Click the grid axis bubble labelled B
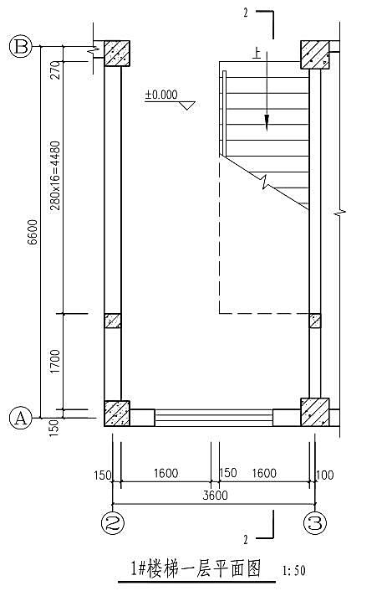coord(20,47)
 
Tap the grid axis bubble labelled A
coord(20,418)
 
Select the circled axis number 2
coord(113,523)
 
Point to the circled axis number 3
coord(315,523)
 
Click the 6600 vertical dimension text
coord(33,232)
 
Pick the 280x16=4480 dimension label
coord(55,177)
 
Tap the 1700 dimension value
coord(55,362)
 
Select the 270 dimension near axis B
coord(55,70)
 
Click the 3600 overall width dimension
coord(216,496)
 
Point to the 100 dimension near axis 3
coord(325,475)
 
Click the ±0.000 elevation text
coord(161,95)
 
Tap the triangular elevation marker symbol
coord(187,105)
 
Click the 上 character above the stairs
coord(257,54)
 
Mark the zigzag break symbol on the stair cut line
coord(266,182)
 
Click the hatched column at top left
coord(117,54)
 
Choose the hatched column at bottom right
coord(315,413)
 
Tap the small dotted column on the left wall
coord(113,321)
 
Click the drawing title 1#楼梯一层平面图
coord(196,568)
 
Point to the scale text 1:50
coord(294,571)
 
